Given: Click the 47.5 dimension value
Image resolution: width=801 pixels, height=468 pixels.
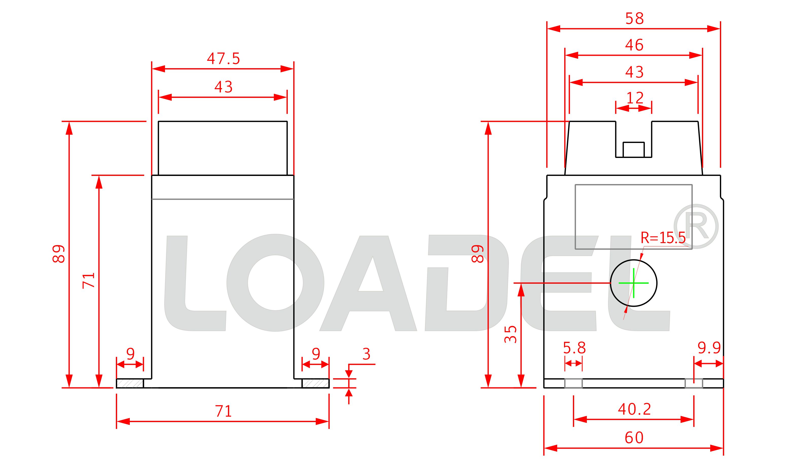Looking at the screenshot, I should point(224,59).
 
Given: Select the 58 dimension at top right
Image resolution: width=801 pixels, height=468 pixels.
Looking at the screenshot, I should point(634,19).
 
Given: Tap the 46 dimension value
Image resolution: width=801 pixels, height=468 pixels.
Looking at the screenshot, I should point(634,45).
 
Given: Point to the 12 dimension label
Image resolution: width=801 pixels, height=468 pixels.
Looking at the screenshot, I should point(635,98).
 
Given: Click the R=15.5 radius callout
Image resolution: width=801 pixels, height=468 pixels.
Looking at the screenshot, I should point(663,238).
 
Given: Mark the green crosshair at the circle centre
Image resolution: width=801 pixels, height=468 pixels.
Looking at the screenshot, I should point(633,283).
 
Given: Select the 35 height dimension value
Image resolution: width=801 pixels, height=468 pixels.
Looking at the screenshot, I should point(511,334).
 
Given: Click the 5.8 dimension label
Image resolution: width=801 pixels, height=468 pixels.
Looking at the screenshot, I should point(574,348).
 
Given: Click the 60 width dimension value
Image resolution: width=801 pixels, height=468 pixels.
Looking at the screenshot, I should point(634,438).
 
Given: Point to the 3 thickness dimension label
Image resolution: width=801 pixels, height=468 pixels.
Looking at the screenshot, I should point(366,354).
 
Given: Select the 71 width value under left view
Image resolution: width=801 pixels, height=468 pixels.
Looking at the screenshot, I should point(224,411).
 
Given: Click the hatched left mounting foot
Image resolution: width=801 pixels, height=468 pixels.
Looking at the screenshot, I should point(130,383).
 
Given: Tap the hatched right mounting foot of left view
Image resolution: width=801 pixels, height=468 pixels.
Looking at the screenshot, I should point(315,383).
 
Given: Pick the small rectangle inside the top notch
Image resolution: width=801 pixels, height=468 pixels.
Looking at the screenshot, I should point(633,150).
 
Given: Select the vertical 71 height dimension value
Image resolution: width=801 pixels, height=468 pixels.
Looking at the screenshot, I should point(89,280).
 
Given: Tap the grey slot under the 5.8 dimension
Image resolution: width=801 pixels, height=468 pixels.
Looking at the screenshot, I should point(573,383).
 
